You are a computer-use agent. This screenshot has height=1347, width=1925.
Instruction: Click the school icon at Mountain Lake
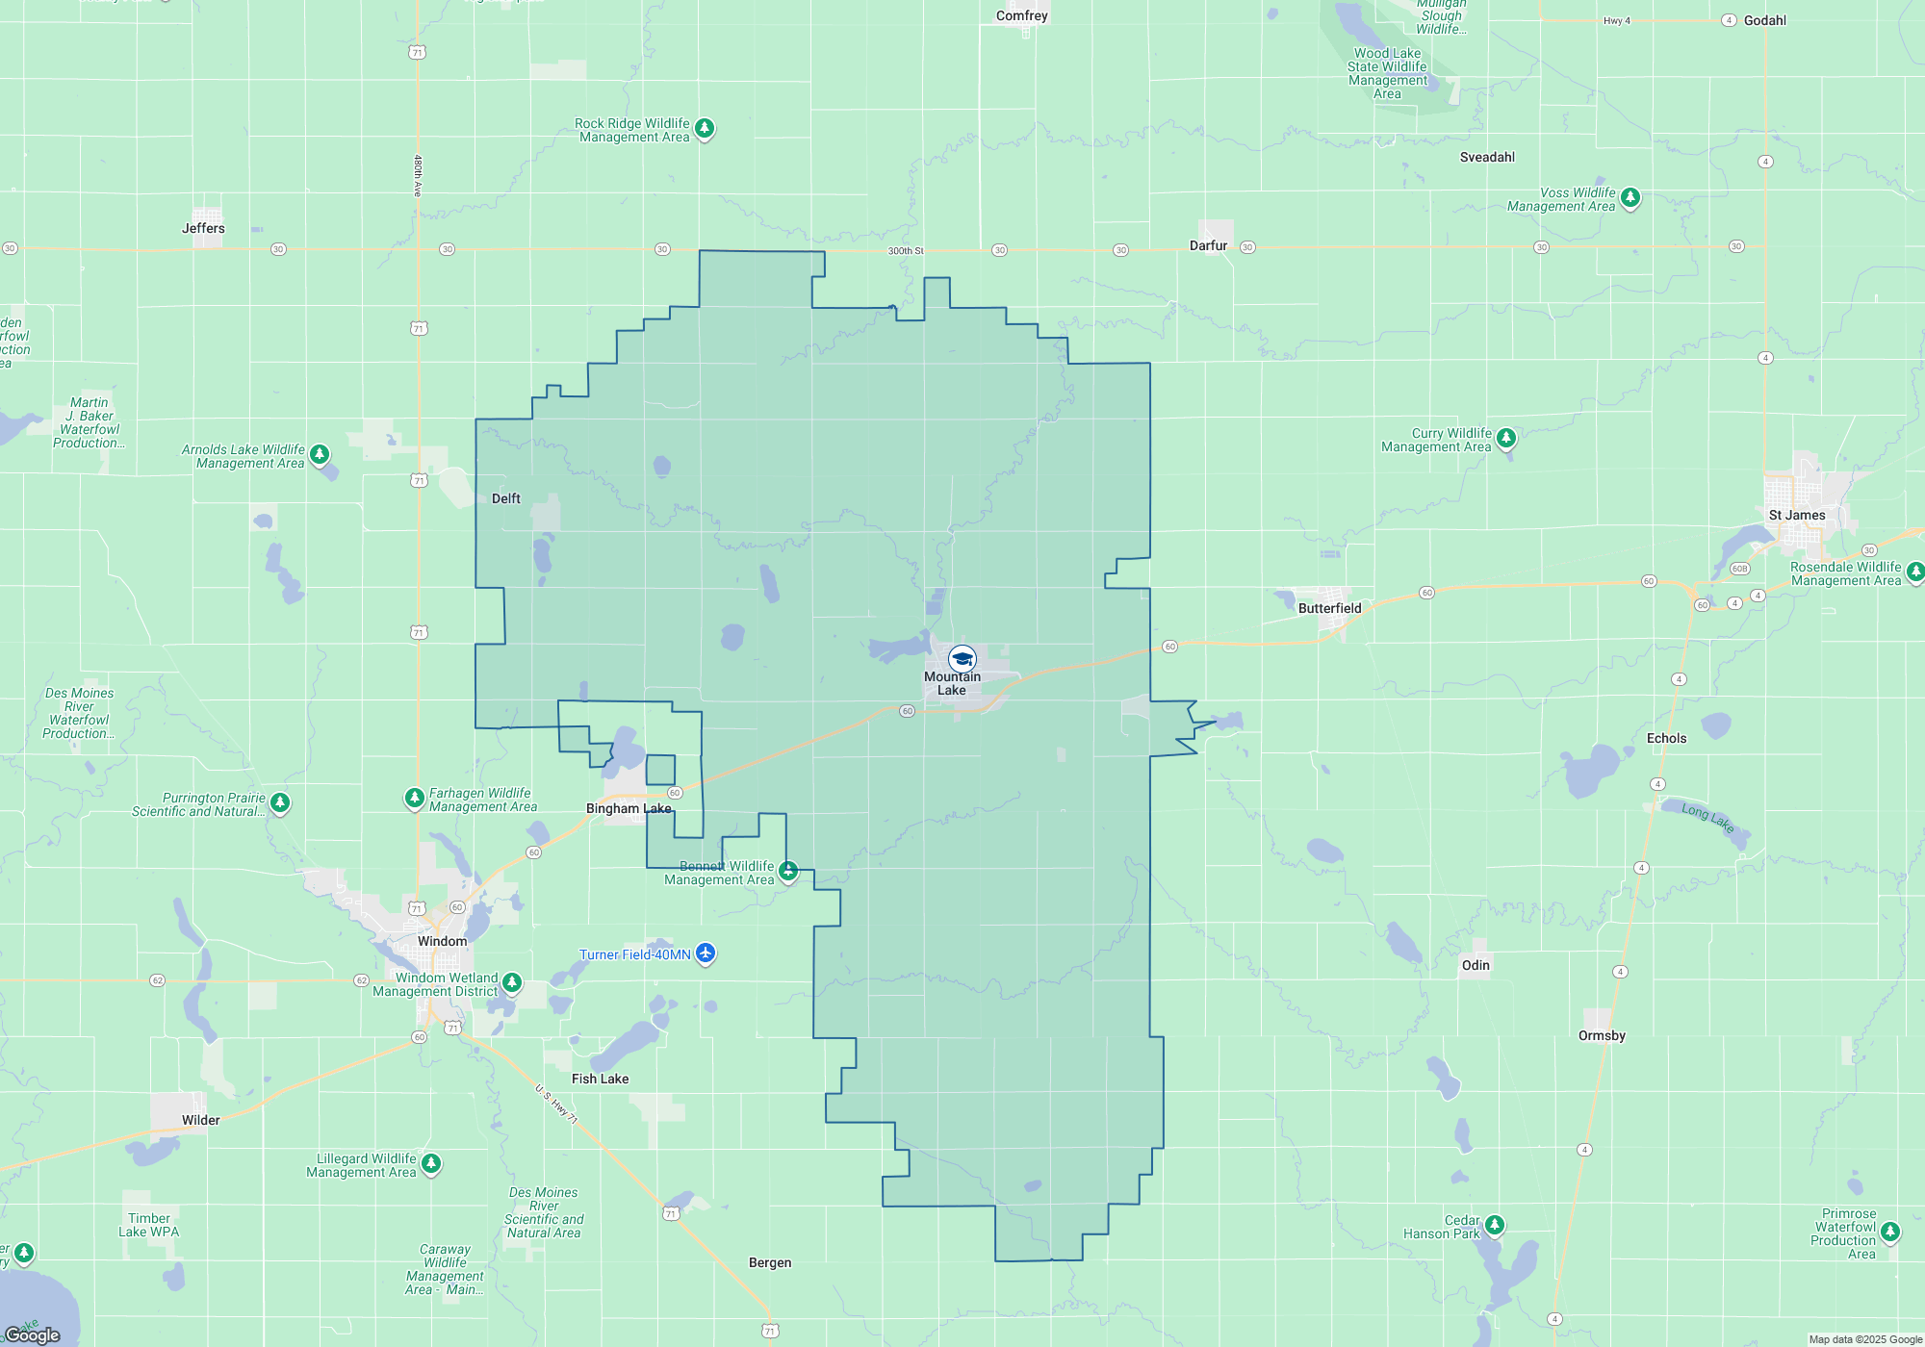(x=962, y=659)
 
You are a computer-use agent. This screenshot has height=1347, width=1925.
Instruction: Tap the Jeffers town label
(x=203, y=228)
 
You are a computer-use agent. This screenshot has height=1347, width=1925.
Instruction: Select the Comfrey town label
(x=1021, y=15)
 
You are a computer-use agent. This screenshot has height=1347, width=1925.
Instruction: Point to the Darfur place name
(x=1208, y=245)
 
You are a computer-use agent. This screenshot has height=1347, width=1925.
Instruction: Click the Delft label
(x=505, y=498)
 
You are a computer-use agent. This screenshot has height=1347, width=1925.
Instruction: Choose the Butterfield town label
(x=1329, y=608)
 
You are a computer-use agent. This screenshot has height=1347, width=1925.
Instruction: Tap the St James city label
(x=1796, y=515)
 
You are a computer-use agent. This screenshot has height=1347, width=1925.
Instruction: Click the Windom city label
(x=442, y=941)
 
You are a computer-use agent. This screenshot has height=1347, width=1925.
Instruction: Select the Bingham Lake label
(x=629, y=808)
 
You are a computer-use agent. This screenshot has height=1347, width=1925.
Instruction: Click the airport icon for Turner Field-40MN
(x=706, y=953)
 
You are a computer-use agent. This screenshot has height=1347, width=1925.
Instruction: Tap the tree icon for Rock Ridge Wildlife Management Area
(x=705, y=128)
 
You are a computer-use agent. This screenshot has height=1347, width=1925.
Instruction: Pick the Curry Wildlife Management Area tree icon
(x=1506, y=438)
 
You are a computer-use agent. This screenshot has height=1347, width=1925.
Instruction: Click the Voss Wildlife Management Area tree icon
(x=1630, y=197)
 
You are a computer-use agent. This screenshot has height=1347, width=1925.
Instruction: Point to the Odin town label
(x=1476, y=965)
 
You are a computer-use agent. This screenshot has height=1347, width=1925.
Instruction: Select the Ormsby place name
(x=1602, y=1035)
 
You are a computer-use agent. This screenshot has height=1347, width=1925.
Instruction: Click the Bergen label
(x=770, y=1262)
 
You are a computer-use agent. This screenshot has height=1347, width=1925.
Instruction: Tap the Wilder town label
(x=200, y=1120)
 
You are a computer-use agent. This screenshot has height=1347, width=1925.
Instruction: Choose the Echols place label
(x=1666, y=738)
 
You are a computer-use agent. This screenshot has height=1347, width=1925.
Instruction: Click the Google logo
(x=33, y=1335)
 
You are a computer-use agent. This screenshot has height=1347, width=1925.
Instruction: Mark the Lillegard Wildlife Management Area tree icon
(x=431, y=1163)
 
